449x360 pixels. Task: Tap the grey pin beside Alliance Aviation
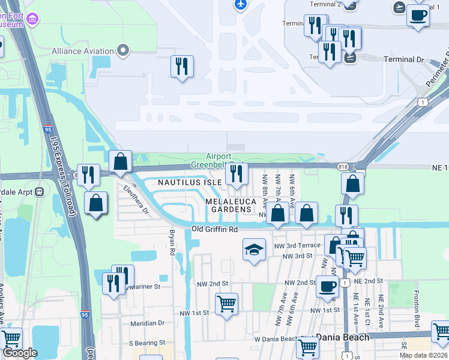(x=124, y=50)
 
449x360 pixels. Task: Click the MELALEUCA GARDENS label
(x=228, y=205)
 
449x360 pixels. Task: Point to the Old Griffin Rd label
(x=215, y=229)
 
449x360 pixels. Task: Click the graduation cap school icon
(x=254, y=250)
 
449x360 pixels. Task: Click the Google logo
(x=20, y=353)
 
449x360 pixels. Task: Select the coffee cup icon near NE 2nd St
(x=327, y=286)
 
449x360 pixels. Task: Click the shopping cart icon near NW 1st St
(x=226, y=304)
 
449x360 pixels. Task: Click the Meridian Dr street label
(x=148, y=323)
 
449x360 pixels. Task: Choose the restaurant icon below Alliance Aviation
(x=182, y=65)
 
